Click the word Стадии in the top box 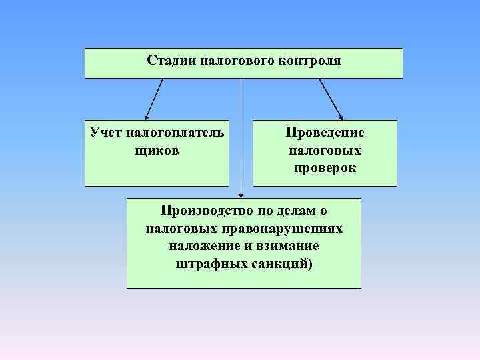pos(168,61)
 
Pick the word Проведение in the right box pos(325,132)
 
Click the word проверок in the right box pos(325,169)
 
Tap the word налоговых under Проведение pos(325,150)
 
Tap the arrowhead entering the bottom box pos(241,194)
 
